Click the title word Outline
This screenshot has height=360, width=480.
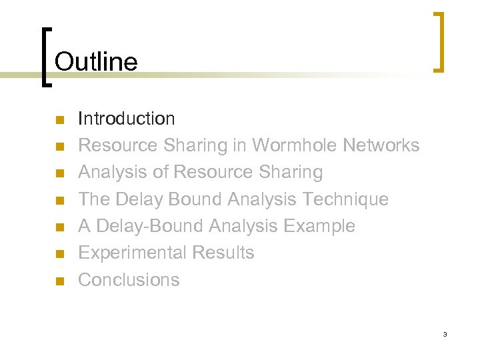pos(96,62)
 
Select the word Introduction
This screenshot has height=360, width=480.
pos(127,119)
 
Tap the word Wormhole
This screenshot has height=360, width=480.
pos(296,145)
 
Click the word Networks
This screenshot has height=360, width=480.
pos(381,145)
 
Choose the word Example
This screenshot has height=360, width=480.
pos(319,226)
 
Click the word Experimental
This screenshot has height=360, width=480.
pos(132,253)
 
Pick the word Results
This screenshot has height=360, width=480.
pos(223,253)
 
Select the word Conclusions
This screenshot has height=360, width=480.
pos(129,279)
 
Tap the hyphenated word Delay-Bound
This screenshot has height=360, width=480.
pos(149,226)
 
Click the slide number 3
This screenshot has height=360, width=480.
pos(445,334)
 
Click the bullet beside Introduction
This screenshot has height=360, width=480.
pos(59,120)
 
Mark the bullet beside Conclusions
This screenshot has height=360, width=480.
pos(59,281)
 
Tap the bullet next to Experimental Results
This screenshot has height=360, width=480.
pos(59,254)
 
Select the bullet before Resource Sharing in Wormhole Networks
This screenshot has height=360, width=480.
pos(59,147)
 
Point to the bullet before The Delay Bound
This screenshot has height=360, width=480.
pos(59,200)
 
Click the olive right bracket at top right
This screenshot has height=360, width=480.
pos(437,41)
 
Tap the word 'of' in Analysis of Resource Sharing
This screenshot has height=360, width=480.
pos(160,172)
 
